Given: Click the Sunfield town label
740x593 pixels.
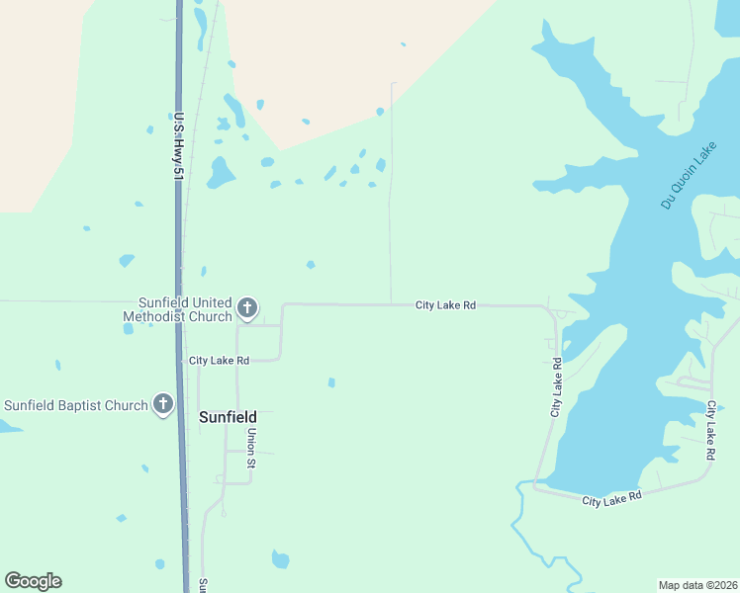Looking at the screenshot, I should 229,417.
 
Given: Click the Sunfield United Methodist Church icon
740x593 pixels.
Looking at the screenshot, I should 247,309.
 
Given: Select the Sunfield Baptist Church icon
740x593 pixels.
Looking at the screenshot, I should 163,404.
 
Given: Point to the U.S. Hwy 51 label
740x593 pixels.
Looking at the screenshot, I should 178,145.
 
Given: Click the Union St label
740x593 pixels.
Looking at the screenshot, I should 252,448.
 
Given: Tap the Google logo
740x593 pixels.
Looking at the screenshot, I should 33,581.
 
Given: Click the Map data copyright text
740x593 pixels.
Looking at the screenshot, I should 698,584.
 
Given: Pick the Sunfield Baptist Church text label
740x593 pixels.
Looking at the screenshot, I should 76,405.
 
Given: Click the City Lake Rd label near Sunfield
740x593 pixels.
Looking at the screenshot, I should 219,361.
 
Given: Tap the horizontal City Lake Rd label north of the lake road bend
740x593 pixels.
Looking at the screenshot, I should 445,306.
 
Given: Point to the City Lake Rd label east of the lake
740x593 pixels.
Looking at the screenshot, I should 710,430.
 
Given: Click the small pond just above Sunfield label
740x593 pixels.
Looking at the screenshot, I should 331,382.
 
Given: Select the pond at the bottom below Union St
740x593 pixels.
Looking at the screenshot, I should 281,560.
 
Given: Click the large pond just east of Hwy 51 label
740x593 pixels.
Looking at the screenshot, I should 220,174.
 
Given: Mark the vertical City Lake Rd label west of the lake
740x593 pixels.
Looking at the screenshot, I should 557,386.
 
